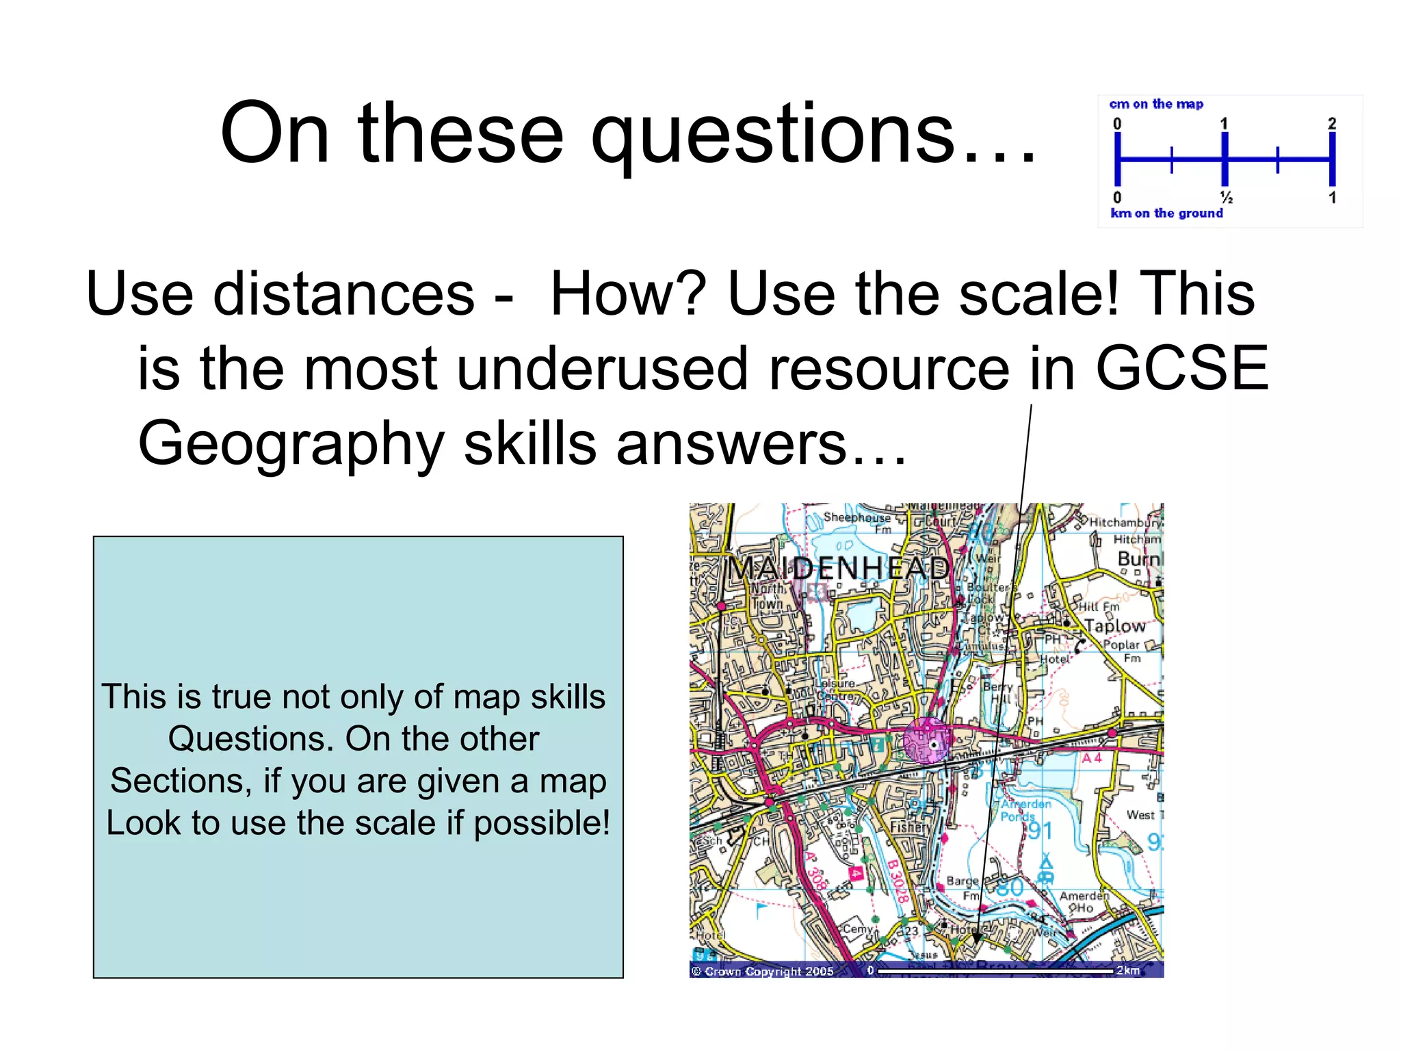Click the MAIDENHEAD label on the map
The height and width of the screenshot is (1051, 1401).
click(x=839, y=568)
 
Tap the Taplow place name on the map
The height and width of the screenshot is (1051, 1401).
click(x=1115, y=625)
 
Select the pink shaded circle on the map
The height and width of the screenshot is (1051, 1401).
click(x=927, y=741)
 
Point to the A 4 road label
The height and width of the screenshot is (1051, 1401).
click(x=1092, y=758)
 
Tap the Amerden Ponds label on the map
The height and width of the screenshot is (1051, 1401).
click(x=1024, y=810)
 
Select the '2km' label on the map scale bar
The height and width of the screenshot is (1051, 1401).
click(x=1128, y=970)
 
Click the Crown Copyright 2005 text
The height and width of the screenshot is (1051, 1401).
click(x=763, y=971)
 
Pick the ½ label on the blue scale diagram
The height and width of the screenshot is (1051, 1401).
click(x=1227, y=198)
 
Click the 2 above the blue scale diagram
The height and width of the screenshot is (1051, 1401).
click(x=1331, y=123)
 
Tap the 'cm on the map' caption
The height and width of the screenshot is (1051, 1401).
click(x=1156, y=104)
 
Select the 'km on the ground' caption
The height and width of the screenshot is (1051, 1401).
click(x=1166, y=213)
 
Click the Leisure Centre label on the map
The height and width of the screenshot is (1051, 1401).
click(x=835, y=690)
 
